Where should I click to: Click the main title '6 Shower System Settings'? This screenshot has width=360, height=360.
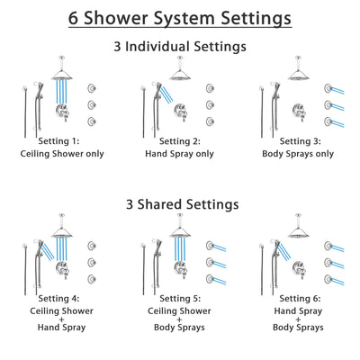pyautogui.click(x=180, y=17)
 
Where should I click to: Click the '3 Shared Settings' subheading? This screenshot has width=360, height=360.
pyautogui.click(x=180, y=204)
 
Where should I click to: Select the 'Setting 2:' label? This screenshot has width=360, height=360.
pyautogui.click(x=180, y=141)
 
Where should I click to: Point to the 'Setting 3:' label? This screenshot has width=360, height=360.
pyautogui.click(x=299, y=141)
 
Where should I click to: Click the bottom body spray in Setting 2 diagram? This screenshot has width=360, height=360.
pyautogui.click(x=210, y=121)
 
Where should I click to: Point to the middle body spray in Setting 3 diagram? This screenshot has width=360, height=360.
pyautogui.click(x=328, y=104)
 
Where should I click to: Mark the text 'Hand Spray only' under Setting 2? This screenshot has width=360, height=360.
pyautogui.click(x=180, y=154)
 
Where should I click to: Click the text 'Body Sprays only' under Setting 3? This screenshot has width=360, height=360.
pyautogui.click(x=299, y=154)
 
